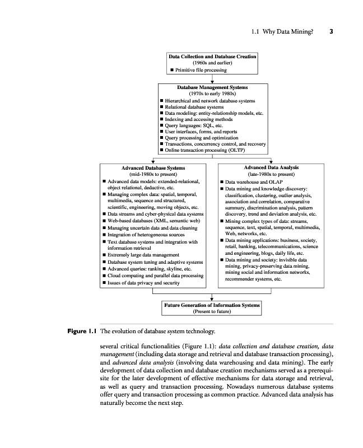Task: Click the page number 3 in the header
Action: [331, 31]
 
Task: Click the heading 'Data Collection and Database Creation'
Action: [212, 57]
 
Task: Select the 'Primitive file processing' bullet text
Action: [201, 70]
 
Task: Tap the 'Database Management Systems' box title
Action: [212, 88]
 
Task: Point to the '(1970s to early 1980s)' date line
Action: [212, 94]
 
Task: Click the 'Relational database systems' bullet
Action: [194, 106]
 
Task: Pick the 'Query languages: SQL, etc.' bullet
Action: [192, 125]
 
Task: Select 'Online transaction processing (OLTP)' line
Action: [204, 150]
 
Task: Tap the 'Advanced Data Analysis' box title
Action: [271, 167]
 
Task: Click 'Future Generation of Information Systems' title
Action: [212, 305]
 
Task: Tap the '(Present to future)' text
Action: [212, 311]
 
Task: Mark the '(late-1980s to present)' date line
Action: [271, 174]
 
